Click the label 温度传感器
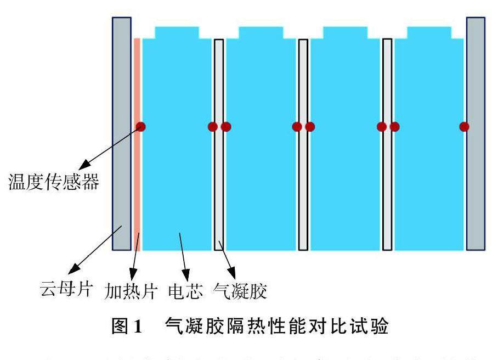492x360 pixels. [x=53, y=182]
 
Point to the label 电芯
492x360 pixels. [x=182, y=290]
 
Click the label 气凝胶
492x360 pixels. [x=241, y=290]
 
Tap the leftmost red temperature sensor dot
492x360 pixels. [x=141, y=127]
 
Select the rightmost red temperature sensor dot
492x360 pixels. [x=464, y=127]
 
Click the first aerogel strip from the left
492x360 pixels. [x=219, y=165]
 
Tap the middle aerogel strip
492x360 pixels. [x=303, y=165]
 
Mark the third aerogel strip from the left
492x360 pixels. [x=387, y=165]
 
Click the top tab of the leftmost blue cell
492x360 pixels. [x=177, y=32]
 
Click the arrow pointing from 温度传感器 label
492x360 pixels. [x=110, y=147]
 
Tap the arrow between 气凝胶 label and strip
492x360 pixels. [x=226, y=257]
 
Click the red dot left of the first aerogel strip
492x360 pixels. [x=213, y=127]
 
